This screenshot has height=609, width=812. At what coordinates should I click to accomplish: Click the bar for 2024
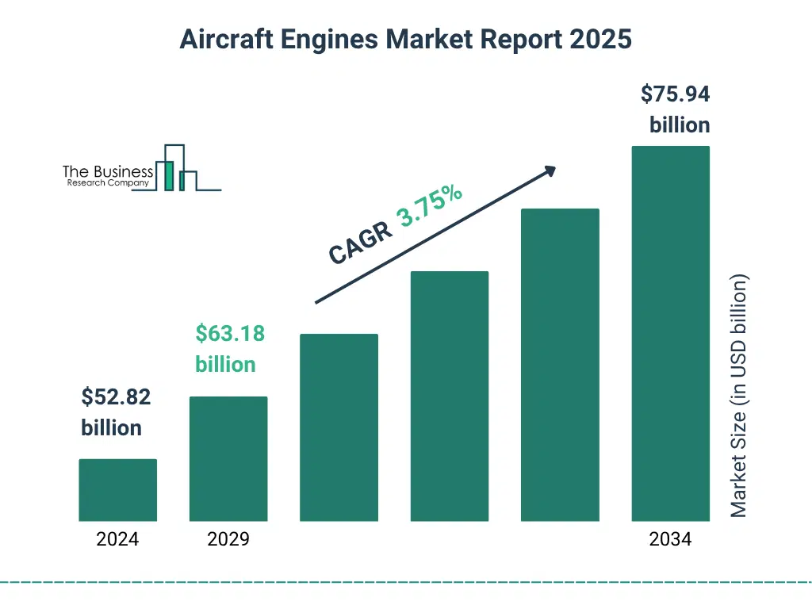(x=117, y=490)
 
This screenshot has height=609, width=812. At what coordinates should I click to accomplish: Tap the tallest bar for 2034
(x=670, y=333)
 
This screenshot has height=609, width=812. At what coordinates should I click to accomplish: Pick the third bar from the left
(x=339, y=427)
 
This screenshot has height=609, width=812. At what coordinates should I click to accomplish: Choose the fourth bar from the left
(x=449, y=396)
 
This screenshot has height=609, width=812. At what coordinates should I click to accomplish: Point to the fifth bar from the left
(x=560, y=365)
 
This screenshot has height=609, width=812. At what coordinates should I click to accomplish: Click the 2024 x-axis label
(x=117, y=540)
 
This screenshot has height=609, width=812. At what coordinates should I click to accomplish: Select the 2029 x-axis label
(x=228, y=540)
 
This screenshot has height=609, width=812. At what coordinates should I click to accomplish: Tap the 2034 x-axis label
(x=670, y=540)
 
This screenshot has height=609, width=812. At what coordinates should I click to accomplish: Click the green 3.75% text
(x=431, y=206)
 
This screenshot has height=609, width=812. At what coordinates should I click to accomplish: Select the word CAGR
(x=360, y=243)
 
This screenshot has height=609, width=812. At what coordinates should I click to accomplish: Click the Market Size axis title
(x=739, y=396)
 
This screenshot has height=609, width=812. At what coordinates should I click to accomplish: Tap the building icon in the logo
(x=175, y=168)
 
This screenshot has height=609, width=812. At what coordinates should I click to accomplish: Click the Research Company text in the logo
(x=108, y=183)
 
